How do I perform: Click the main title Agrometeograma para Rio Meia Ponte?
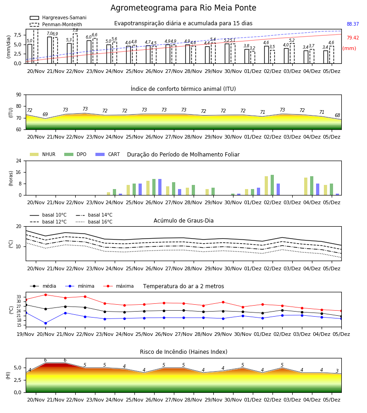pos(183,8)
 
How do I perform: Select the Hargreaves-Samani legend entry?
pos(58,17)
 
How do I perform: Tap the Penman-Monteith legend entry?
pos(56,24)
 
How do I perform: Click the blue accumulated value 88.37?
pos(353,24)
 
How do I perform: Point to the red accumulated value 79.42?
pos(353,38)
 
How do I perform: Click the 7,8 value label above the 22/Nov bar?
pos(75,30)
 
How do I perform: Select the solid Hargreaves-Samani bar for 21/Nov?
pos(50,50)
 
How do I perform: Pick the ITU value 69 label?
pos(45,114)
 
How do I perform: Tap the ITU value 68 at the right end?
pos(338,115)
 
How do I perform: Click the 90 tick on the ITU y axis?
pos(18,95)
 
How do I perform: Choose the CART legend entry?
pos(108,154)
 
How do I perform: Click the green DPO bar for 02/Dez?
pos(272,185)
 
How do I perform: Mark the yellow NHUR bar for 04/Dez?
pos(306,186)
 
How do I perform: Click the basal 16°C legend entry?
pos(94,222)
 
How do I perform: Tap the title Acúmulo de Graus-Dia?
pos(183,220)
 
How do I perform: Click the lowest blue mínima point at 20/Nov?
pos(45,323)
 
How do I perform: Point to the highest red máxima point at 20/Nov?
pos(45,295)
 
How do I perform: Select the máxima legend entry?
pos(119,286)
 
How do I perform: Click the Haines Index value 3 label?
pos(337,371)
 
